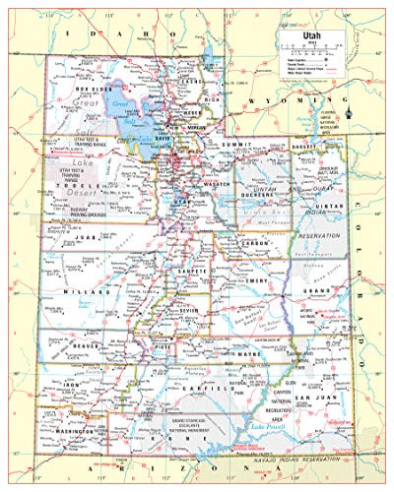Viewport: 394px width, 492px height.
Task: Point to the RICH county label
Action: pyautogui.click(x=210, y=98)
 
